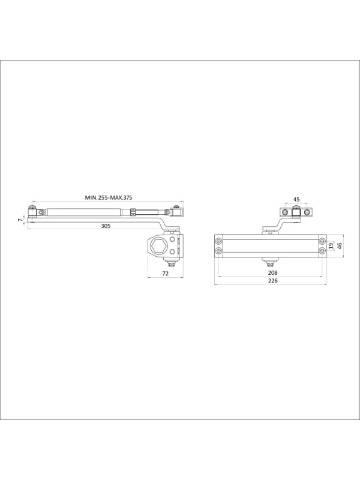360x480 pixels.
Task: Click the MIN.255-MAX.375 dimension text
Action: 109,197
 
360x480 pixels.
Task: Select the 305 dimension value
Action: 106,226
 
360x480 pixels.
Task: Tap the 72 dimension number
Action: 166,274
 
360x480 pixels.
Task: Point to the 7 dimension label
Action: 20,220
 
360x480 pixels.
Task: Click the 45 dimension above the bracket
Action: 296,199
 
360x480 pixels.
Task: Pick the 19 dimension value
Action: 331,245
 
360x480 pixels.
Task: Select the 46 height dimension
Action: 339,245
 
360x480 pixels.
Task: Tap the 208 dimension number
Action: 272,272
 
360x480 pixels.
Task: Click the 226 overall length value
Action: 272,281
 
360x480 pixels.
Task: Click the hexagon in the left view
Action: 158,245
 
